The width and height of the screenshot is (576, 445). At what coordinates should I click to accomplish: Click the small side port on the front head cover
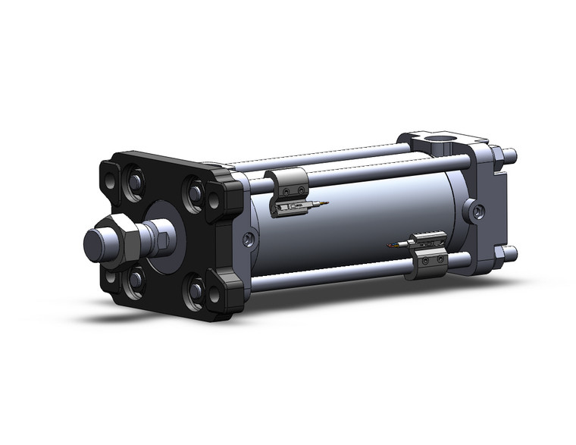(249, 240)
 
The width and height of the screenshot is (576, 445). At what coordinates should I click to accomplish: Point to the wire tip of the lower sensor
(390, 245)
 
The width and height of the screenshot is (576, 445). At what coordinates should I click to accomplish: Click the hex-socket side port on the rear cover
(475, 211)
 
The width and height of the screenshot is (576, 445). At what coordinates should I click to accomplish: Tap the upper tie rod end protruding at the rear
(511, 156)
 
